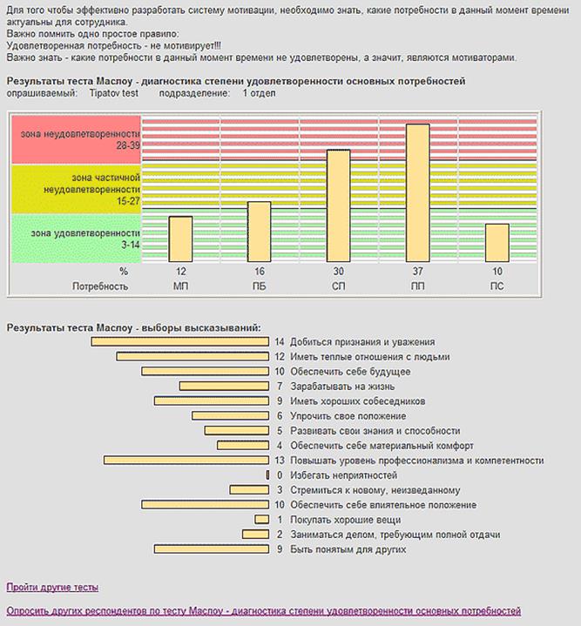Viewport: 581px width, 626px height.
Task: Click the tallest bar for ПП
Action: [417, 192]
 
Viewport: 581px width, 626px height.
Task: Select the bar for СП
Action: [338, 205]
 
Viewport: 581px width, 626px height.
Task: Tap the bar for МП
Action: [180, 239]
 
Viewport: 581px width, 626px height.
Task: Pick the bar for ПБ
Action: [259, 232]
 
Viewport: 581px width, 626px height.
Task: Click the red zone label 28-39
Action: [76, 138]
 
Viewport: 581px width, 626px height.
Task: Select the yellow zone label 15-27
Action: [76, 189]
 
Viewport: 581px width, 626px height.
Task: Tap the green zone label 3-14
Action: [76, 239]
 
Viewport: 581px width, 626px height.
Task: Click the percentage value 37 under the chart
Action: [417, 272]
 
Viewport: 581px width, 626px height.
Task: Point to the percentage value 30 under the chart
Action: [338, 272]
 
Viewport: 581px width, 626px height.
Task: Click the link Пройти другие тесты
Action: [52, 588]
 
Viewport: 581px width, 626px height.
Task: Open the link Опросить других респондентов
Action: [263, 611]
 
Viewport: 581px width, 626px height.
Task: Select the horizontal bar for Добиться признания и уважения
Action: [179, 342]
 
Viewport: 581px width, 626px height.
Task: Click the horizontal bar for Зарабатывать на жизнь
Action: [224, 386]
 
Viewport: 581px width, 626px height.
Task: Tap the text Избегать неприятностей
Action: [343, 475]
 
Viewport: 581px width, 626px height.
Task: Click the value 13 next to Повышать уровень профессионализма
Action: [279, 461]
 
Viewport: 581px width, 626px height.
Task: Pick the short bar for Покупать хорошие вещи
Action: [261, 520]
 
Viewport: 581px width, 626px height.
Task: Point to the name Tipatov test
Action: [115, 93]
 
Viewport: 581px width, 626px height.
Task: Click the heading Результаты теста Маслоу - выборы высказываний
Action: [133, 327]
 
